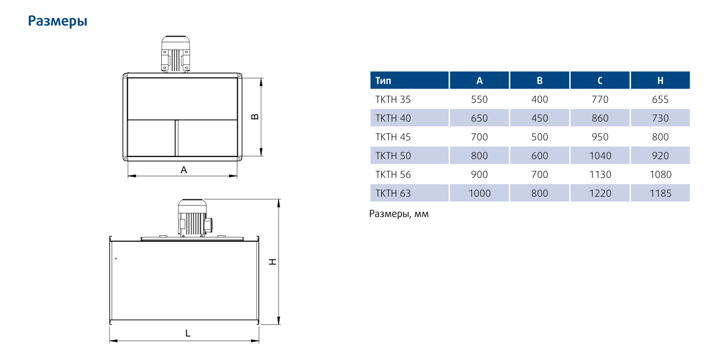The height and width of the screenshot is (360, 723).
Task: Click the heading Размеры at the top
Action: point(57,21)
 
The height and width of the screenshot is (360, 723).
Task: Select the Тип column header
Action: point(383,80)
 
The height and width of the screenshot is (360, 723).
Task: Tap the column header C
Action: point(600,80)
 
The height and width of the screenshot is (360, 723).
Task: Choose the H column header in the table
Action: point(660,80)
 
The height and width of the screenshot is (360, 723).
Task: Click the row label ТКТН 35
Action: point(393,100)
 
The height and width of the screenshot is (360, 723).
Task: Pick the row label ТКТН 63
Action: point(393,194)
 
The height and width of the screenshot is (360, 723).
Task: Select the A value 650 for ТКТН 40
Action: point(479,118)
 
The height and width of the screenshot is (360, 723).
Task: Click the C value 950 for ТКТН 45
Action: point(600,137)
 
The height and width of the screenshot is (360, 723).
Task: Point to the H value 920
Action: point(660,155)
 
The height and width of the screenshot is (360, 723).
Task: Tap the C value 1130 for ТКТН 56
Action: point(600,175)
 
